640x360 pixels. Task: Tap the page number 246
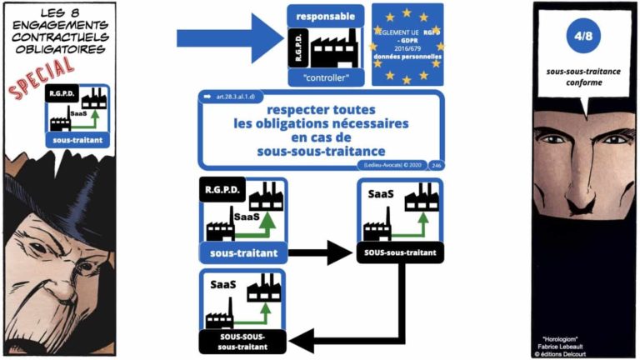pos(438,165)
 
